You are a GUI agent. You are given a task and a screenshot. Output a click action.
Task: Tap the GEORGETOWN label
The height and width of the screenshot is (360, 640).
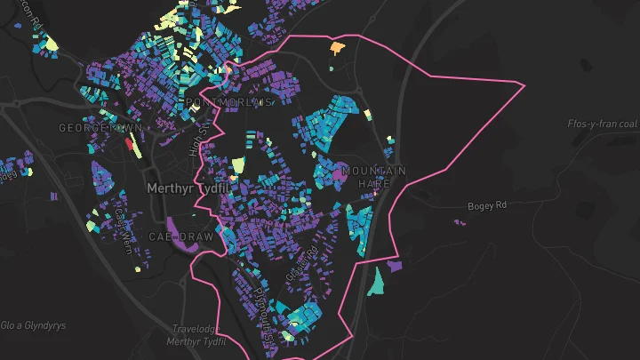pos(88,128)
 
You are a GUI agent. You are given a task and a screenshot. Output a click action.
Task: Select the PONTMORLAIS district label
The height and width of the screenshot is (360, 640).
pos(228,103)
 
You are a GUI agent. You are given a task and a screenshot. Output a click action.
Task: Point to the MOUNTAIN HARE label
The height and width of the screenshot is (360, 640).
pos(373,176)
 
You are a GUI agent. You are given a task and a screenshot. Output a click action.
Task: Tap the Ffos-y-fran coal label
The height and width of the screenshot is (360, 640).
pos(602,124)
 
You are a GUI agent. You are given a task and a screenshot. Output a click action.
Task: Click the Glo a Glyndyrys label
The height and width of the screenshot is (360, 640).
pos(34,325)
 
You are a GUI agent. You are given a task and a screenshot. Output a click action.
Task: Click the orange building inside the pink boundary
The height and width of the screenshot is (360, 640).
pos(337,46)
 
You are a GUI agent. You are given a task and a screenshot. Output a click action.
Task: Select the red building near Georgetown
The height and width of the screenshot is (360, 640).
pos(128,142)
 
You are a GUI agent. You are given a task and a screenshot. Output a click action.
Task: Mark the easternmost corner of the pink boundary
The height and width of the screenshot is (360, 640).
pos(525,84)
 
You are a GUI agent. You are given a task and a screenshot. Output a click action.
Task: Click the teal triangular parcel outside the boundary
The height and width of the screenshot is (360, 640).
pos(377,281)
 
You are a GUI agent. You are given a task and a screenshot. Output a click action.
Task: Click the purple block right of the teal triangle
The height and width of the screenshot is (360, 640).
pos(395,265)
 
